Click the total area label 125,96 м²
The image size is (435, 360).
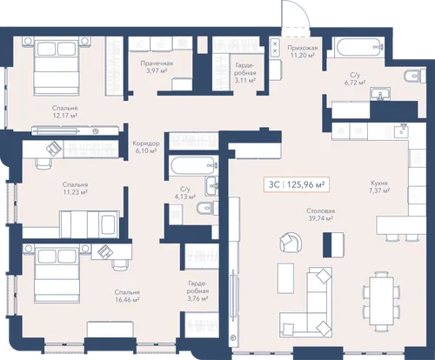click(305, 184)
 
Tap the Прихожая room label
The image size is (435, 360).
click(302, 48)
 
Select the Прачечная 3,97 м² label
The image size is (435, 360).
click(157, 67)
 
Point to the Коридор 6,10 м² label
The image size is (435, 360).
click(146, 147)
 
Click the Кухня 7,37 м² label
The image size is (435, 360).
click(379, 187)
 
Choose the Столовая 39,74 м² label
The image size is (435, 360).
click(320, 215)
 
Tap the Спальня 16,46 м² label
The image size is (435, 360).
click(127, 296)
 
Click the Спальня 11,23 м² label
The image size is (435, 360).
click(75, 188)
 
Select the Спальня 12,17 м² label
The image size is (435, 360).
click(64, 111)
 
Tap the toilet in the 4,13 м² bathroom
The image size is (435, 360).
click(207, 208)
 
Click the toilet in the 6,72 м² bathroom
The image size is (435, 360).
click(415, 76)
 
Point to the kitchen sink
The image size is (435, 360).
click(402, 130)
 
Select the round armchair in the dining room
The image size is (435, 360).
click(291, 242)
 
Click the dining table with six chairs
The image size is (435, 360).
click(381, 302)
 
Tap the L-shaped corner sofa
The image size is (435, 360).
click(306, 313)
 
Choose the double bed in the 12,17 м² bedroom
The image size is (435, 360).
click(57, 66)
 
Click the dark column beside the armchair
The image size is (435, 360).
click(327, 244)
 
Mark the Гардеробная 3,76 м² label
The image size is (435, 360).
click(198, 290)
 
